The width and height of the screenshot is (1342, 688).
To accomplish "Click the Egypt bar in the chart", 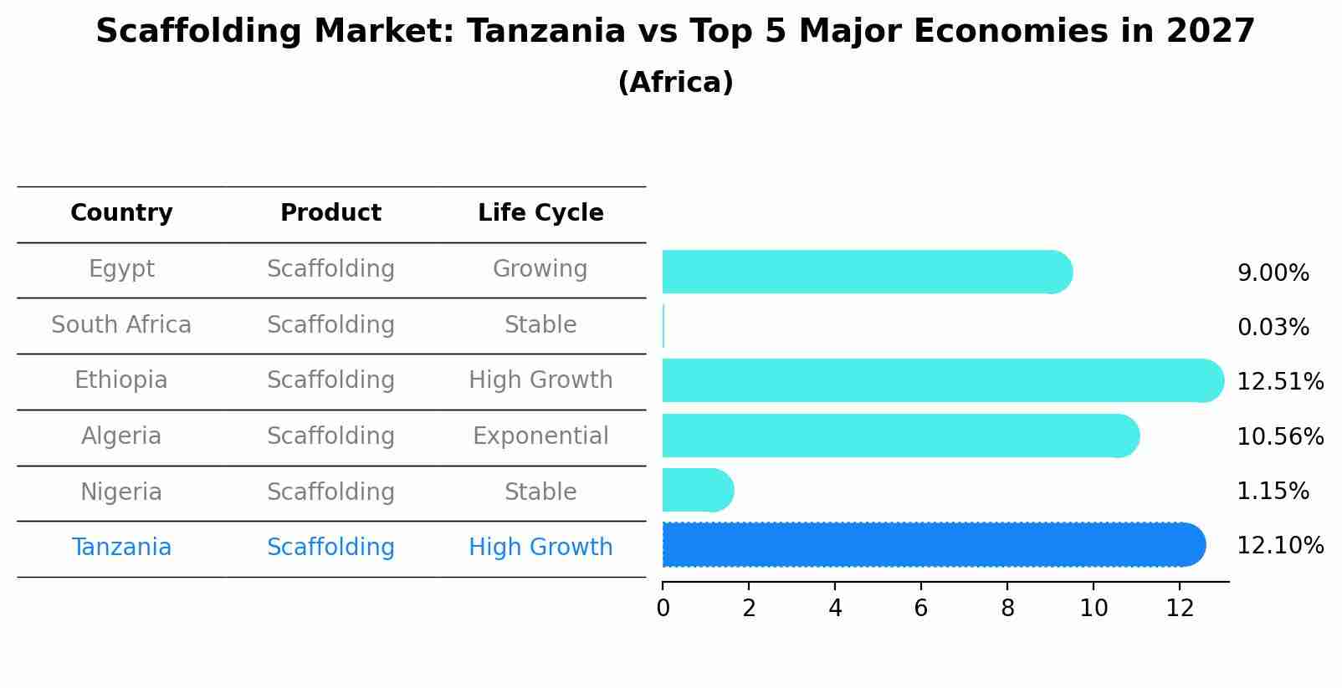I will [x=866, y=273].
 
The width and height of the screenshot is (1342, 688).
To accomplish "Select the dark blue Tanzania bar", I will [x=933, y=545].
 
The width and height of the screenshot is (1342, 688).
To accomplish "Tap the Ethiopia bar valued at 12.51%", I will [x=942, y=381].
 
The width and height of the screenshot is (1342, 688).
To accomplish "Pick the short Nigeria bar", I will [x=697, y=491].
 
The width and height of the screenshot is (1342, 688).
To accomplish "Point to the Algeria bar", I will [x=900, y=436].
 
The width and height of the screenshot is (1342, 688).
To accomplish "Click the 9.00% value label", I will [x=1273, y=273].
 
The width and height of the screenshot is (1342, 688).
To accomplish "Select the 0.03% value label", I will [x=1273, y=328].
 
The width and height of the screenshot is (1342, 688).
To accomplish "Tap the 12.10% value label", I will [x=1280, y=546].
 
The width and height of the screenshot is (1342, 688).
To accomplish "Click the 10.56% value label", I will [x=1280, y=436].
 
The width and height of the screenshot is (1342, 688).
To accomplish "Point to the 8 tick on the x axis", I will [x=1007, y=609].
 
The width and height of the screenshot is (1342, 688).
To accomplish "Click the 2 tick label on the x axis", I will [x=749, y=609].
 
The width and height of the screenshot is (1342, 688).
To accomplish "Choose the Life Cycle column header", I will [x=540, y=213].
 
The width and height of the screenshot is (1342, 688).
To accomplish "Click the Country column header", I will [x=121, y=213].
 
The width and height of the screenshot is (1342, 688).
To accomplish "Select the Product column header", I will [x=330, y=213].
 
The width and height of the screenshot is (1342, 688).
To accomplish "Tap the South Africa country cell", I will [x=121, y=324].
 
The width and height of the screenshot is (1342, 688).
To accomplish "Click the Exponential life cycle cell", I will [x=540, y=436].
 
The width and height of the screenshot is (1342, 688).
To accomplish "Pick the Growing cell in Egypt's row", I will [x=540, y=269].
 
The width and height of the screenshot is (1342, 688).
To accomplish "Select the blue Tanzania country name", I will [x=121, y=548].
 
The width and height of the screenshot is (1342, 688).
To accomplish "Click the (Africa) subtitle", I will [x=675, y=83].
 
